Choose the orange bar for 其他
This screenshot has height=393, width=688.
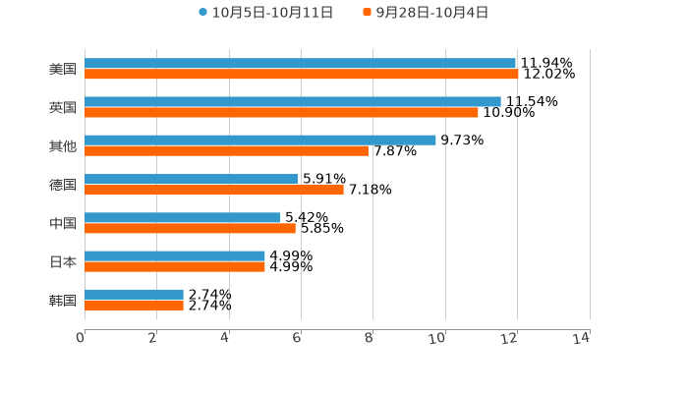pyautogui.click(x=226, y=151)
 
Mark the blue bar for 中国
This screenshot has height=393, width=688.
pyautogui.click(x=182, y=217)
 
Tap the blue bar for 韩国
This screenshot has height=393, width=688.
pyautogui.click(x=134, y=294)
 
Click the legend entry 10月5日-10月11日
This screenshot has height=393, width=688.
pyautogui.click(x=265, y=13)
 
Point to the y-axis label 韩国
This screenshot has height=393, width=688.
pyautogui.click(x=63, y=300)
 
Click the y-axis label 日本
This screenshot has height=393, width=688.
pyautogui.click(x=63, y=261)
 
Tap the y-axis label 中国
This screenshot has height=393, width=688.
pyautogui.click(x=63, y=223)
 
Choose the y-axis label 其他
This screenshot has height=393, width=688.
pyautogui.click(x=63, y=146)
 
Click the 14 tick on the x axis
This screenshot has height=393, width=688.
pyautogui.click(x=582, y=338)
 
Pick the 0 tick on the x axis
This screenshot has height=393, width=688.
pyautogui.click(x=81, y=338)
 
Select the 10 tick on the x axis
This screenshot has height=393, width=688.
pyautogui.click(x=437, y=338)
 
